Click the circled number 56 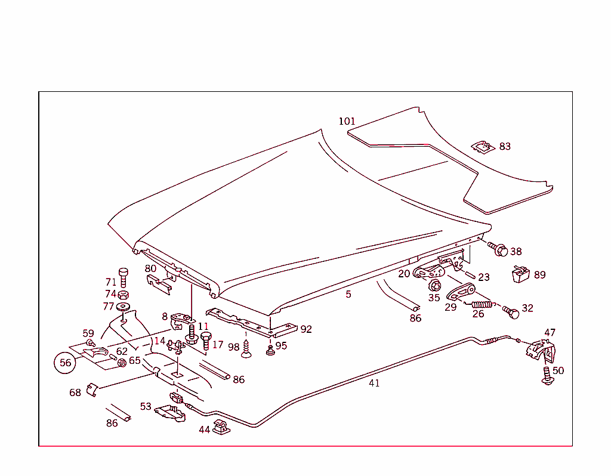click(x=65, y=362)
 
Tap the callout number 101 click(x=347, y=121)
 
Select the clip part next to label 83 click(x=482, y=146)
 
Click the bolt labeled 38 click(x=499, y=250)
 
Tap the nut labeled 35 click(x=435, y=285)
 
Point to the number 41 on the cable click(x=374, y=384)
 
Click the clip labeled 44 click(x=221, y=428)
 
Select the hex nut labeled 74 click(x=123, y=295)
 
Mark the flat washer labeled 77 click(x=124, y=307)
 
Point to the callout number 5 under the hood click(x=348, y=294)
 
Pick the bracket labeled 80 click(x=159, y=282)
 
